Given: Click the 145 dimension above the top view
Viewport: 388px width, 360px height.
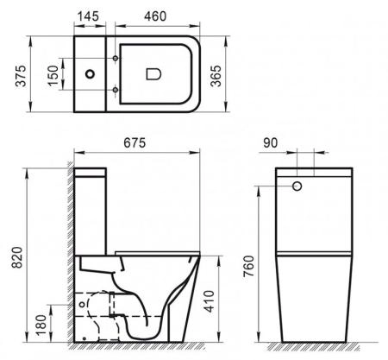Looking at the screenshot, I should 89,15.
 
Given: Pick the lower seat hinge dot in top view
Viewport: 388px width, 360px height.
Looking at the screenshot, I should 114,91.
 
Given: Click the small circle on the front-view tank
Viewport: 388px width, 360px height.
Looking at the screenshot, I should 297,186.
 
